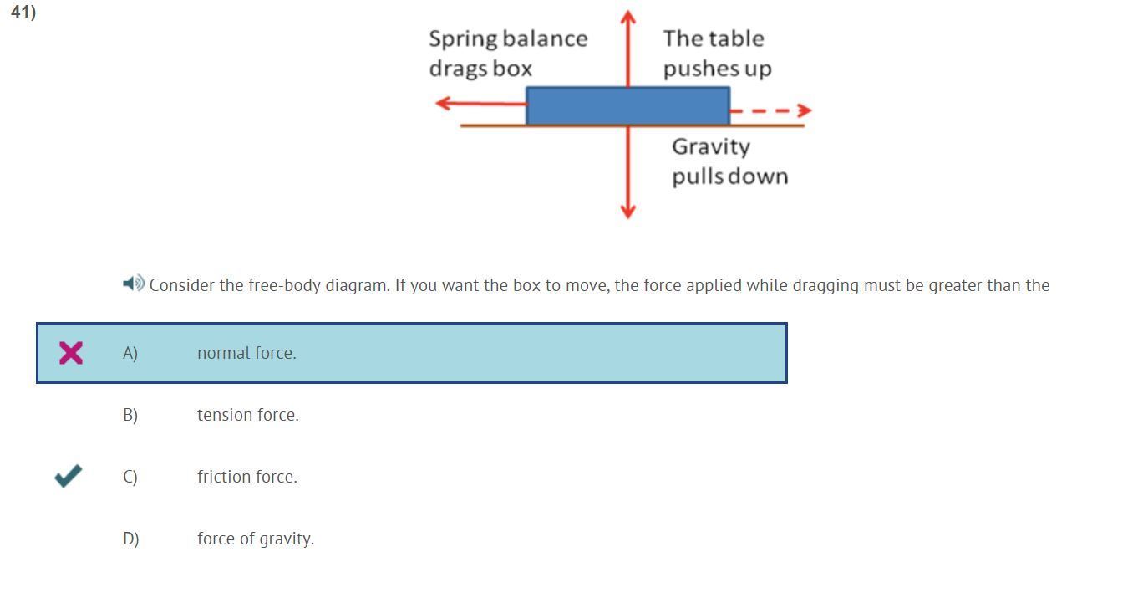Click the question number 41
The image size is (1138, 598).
(23, 13)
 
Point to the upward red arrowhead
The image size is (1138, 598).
(628, 16)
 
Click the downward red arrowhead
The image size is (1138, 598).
(628, 211)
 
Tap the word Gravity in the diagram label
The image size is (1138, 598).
(711, 147)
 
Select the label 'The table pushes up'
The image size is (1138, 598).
(717, 54)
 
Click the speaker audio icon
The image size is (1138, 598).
(133, 284)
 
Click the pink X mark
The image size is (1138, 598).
(71, 353)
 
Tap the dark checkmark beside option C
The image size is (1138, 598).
(69, 476)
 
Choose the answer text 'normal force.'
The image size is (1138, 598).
(246, 353)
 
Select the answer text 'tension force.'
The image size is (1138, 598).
(247, 415)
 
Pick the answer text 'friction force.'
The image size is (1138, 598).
(246, 477)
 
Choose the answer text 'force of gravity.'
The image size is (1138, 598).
(256, 539)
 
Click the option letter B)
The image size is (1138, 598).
(130, 415)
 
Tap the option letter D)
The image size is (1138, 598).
(131, 539)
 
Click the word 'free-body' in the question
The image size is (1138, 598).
(284, 285)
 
